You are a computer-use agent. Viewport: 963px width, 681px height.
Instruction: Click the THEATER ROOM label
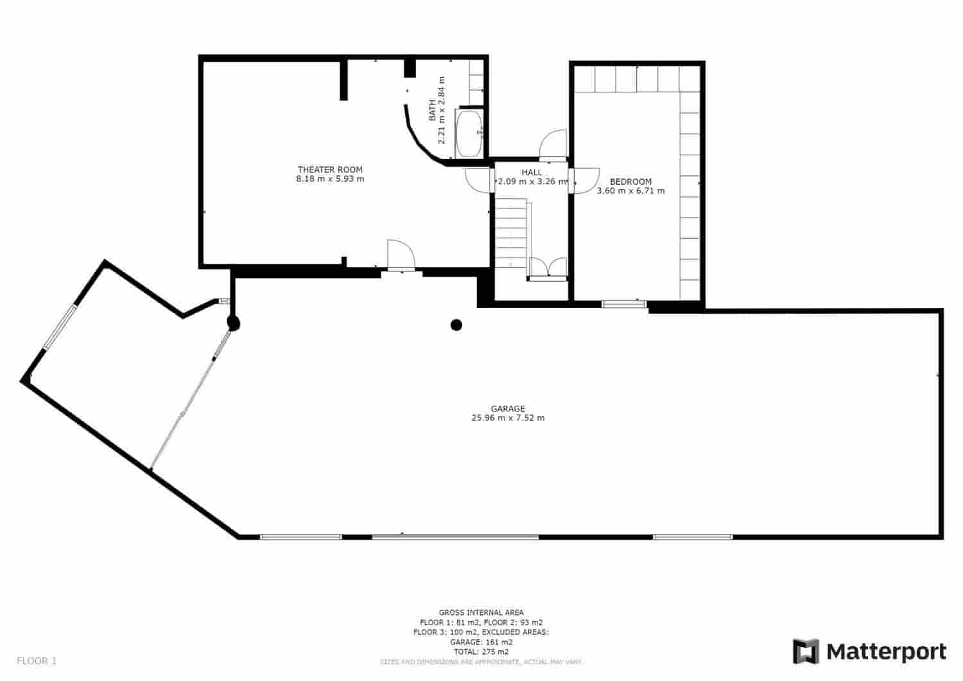[x=330, y=169]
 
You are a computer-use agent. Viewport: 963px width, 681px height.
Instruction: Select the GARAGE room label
[x=508, y=408]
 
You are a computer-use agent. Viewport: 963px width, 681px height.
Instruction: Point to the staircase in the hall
[x=511, y=232]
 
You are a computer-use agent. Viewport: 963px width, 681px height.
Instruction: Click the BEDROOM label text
[x=630, y=182]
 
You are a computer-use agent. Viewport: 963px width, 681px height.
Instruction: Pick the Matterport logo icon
[x=806, y=651]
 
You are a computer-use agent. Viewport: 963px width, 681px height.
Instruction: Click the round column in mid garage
[x=456, y=325]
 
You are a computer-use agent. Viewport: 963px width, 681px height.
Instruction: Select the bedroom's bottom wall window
[x=624, y=304]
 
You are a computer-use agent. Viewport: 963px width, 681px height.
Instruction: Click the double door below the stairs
[x=548, y=268]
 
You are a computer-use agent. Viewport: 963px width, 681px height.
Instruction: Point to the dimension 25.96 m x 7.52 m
[x=508, y=418]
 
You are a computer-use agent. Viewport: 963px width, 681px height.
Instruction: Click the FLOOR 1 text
[x=37, y=660]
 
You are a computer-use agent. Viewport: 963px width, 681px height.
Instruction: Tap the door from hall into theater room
[x=478, y=180]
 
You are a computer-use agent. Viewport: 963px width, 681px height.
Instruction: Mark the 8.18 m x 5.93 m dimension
[x=330, y=179]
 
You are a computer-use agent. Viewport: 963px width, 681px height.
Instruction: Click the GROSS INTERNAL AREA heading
[x=481, y=612]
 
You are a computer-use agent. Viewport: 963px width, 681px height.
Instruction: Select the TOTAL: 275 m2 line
[x=481, y=651]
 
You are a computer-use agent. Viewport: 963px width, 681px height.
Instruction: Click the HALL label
[x=532, y=172]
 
